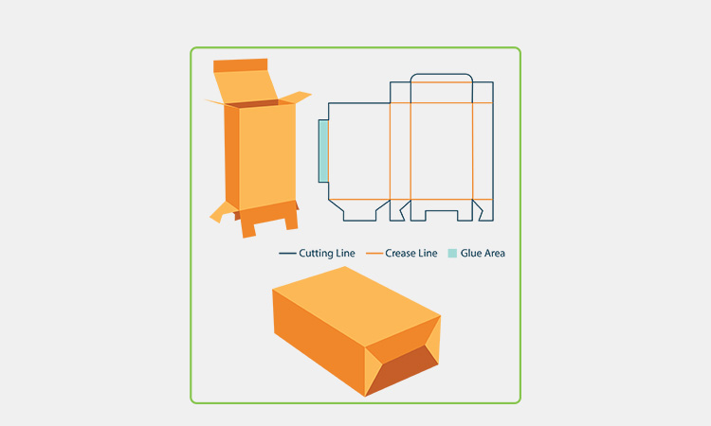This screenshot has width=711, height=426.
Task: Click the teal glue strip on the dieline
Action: pos(323,151)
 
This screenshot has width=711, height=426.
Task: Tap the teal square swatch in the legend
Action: pos(452,253)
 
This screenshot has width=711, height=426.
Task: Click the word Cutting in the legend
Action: pos(315,253)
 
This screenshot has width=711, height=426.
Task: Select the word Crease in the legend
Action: pos(399,253)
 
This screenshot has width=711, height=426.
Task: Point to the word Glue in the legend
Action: pos(470,253)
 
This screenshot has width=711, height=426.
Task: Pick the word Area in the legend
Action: pos(494,253)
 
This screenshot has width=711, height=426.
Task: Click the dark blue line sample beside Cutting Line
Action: pos(287,253)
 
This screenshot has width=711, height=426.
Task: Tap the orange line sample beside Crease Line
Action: pos(374,253)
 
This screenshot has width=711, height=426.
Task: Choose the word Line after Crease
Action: pos(428,253)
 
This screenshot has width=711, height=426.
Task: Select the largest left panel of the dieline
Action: pos(359,151)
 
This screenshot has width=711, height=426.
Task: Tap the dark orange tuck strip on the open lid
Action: pos(241,65)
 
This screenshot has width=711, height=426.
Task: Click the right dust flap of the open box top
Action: pos(295,98)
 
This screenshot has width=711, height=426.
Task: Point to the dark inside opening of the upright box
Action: pos(252,104)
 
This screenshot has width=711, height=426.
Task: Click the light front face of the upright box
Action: pos(267,156)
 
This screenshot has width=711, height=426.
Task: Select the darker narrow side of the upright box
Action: pos(231,157)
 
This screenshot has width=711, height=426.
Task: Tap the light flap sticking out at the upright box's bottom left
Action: pos(222,212)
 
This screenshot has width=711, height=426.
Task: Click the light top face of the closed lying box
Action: pos(356,306)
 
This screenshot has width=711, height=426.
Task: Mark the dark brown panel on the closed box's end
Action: pos(400,369)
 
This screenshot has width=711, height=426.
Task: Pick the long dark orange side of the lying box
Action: pos(319,343)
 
